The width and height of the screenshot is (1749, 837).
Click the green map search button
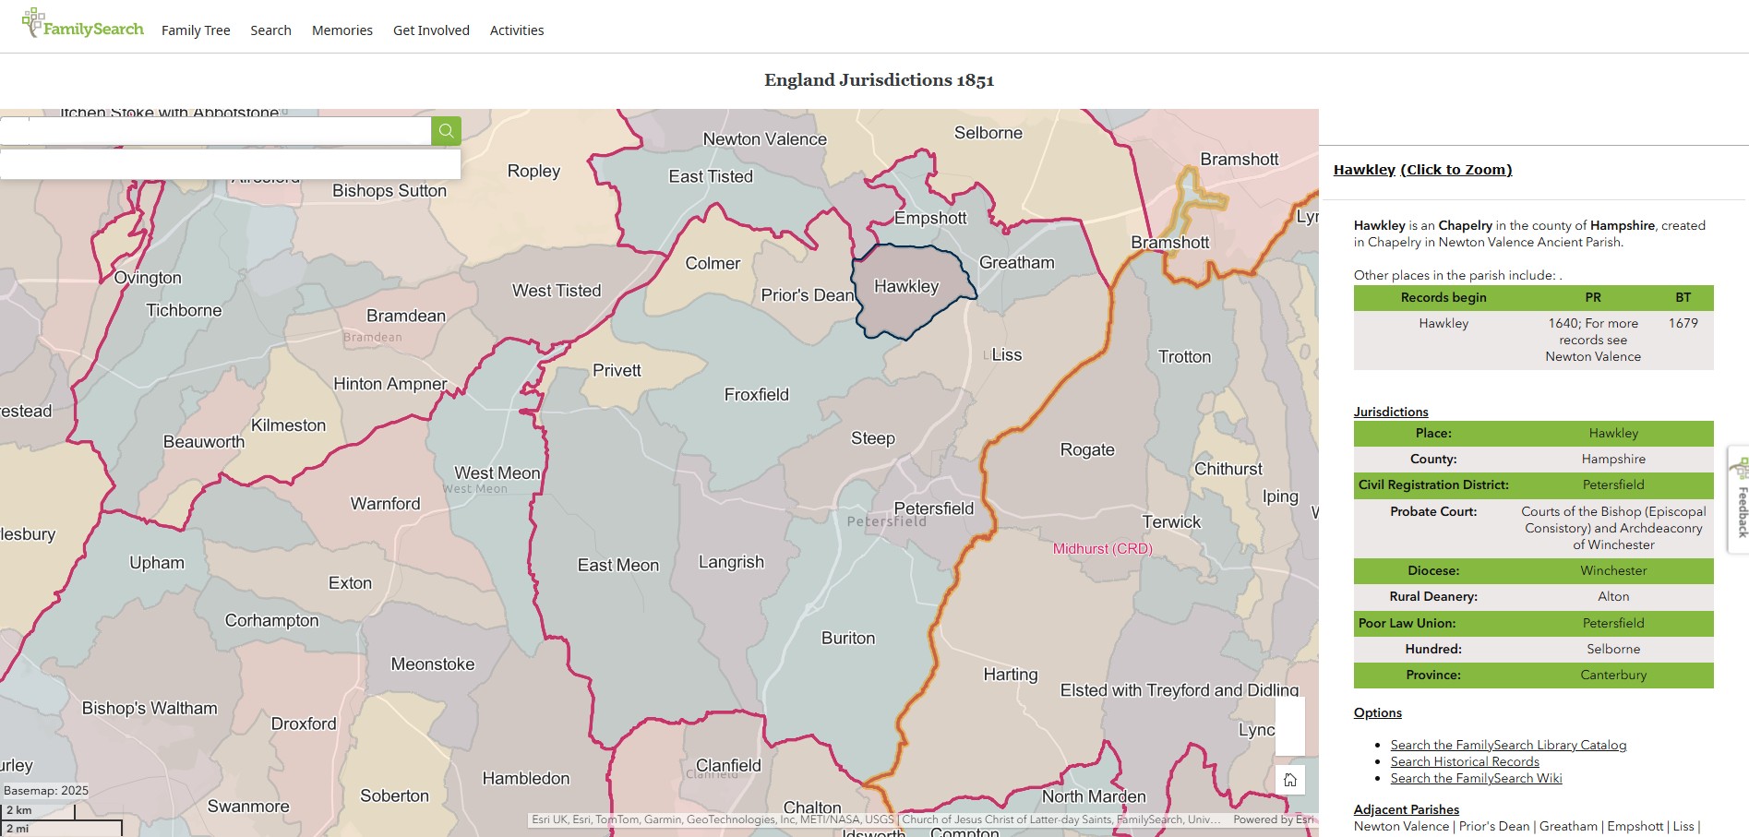click(446, 131)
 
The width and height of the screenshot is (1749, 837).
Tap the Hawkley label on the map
click(905, 287)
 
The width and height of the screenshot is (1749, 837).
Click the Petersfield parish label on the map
click(933, 508)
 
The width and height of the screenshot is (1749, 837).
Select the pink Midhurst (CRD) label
click(1102, 548)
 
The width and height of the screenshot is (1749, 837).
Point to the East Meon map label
click(617, 565)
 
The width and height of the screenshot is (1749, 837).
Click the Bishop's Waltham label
click(150, 708)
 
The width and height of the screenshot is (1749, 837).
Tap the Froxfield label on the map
click(756, 395)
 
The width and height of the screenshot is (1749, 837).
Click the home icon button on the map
click(1289, 780)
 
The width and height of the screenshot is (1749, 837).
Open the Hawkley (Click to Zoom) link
click(1422, 170)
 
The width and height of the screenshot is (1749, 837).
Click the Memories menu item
click(341, 30)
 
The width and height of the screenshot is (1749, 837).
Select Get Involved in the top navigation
click(431, 30)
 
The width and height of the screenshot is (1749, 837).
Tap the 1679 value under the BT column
click(1683, 323)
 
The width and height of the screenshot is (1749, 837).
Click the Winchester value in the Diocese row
click(1612, 570)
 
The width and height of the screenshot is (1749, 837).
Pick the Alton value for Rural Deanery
click(1612, 596)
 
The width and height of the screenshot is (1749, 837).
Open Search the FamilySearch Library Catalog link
click(1508, 745)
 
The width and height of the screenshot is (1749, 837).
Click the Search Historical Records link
click(1465, 761)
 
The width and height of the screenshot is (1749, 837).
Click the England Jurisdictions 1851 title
click(879, 80)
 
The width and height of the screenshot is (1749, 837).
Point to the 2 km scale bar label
click(19, 810)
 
